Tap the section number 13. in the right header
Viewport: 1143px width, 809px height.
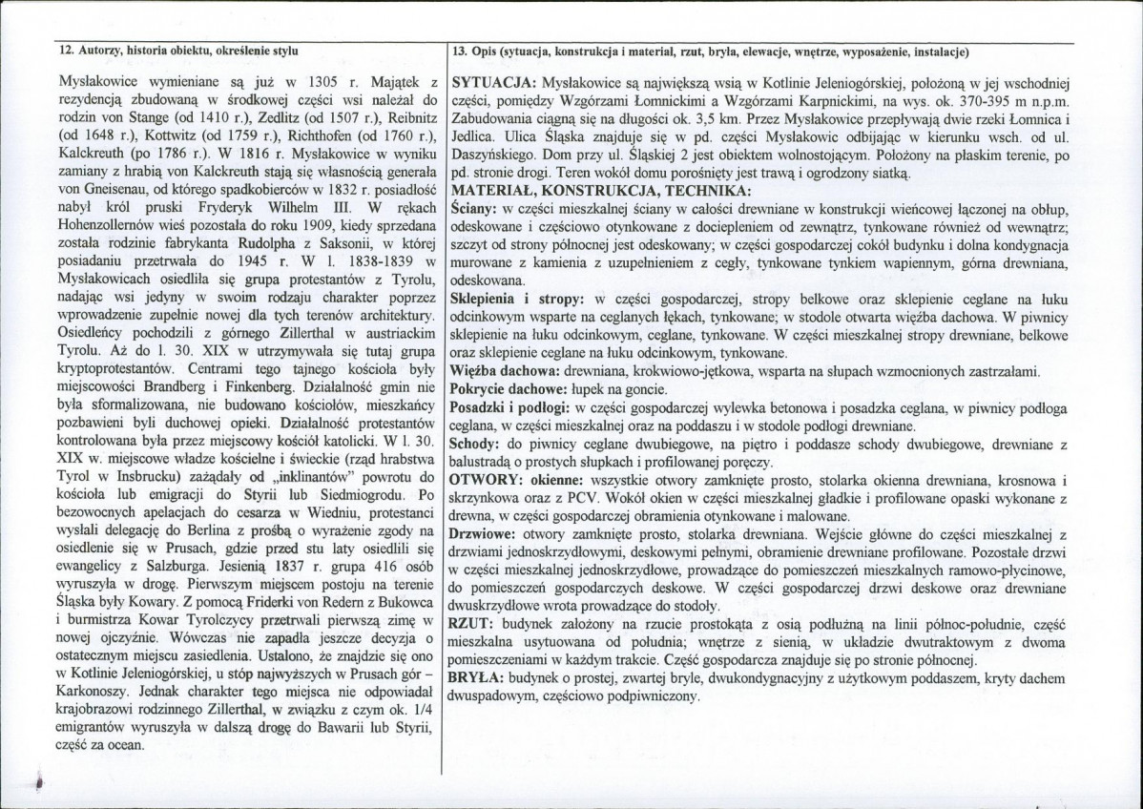coord(460,50)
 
